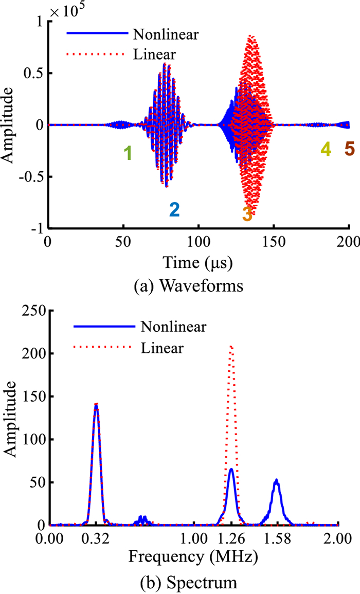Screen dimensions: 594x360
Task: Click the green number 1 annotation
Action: [128, 153]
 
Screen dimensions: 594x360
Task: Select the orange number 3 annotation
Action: [247, 213]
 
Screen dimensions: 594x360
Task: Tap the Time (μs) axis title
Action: [199, 263]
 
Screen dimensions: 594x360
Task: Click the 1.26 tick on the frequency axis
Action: [231, 540]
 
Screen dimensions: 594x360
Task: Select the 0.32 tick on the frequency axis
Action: [96, 540]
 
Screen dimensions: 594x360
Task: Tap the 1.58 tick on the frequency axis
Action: [277, 540]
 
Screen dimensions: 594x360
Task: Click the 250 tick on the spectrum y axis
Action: [33, 310]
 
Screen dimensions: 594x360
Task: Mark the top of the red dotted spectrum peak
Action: [231, 346]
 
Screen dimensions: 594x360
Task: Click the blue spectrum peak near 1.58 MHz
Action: [277, 480]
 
